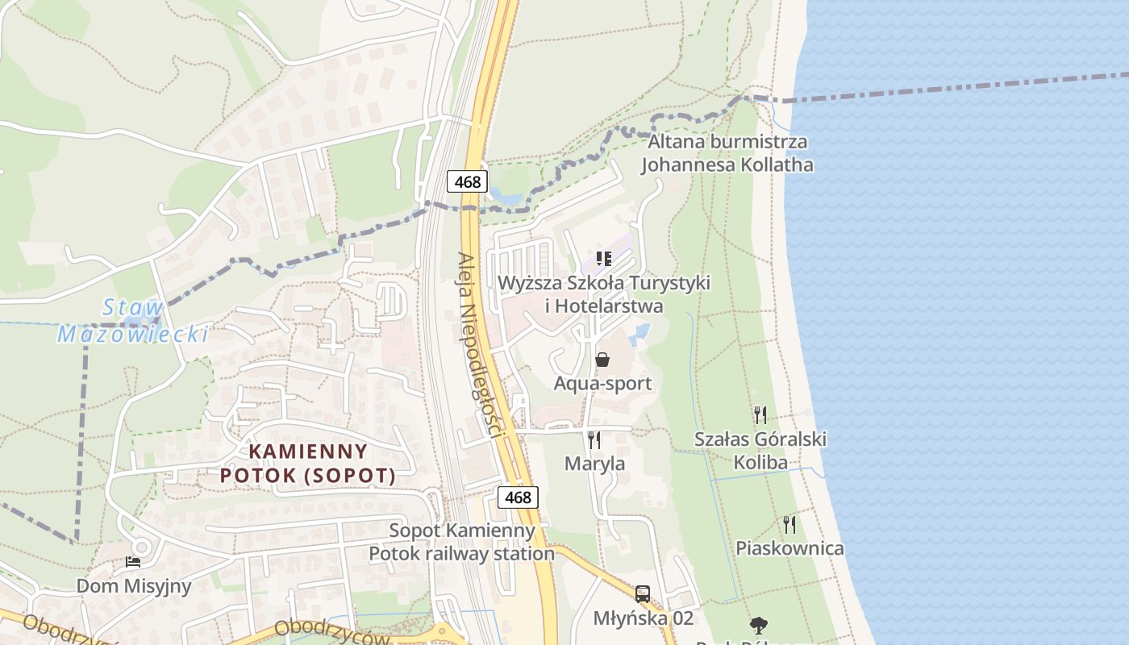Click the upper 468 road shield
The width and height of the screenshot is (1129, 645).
pyautogui.click(x=467, y=181)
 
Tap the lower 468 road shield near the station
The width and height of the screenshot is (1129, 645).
pyautogui.click(x=517, y=497)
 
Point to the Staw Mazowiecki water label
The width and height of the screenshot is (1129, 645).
pyautogui.click(x=133, y=321)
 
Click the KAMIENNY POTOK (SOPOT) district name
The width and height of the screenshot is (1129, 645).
pyautogui.click(x=308, y=464)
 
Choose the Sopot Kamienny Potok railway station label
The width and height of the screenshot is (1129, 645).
pyautogui.click(x=462, y=542)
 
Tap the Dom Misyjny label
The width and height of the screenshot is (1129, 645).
pyautogui.click(x=134, y=585)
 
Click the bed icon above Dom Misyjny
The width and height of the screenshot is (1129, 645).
pyautogui.click(x=133, y=561)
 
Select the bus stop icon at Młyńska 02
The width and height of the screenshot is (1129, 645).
pyautogui.click(x=643, y=594)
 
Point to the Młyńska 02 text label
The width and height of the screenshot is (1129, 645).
pyautogui.click(x=643, y=618)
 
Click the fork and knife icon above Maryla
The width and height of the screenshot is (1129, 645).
pyautogui.click(x=594, y=439)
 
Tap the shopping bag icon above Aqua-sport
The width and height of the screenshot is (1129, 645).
pyautogui.click(x=602, y=359)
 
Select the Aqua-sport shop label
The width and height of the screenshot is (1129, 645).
pyautogui.click(x=602, y=383)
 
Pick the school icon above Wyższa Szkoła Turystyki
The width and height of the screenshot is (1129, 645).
pyautogui.click(x=603, y=259)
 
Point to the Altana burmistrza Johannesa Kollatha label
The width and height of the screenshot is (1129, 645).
pyautogui.click(x=727, y=153)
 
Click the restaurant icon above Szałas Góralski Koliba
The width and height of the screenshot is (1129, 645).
pyautogui.click(x=760, y=415)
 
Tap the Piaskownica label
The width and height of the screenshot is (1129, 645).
pyautogui.click(x=789, y=548)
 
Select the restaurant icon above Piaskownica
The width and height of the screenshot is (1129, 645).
pyautogui.click(x=789, y=525)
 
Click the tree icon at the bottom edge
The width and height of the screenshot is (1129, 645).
pyautogui.click(x=757, y=626)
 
